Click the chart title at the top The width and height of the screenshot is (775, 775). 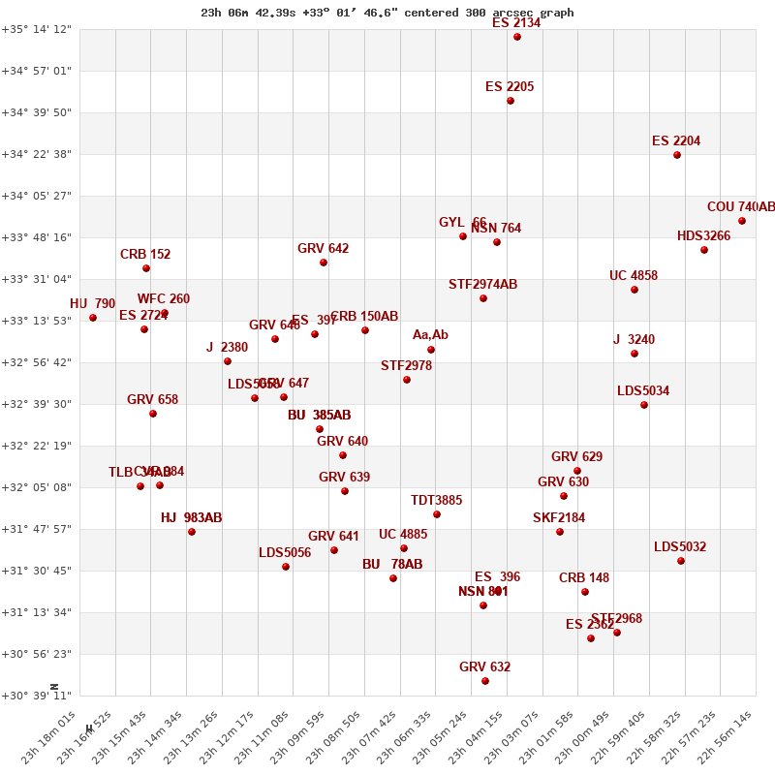387,13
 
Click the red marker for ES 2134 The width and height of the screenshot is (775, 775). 517,37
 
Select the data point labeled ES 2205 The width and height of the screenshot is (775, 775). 511,101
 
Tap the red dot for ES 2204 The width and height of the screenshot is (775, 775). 677,155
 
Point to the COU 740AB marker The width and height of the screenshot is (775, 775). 742,221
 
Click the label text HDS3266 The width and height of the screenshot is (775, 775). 703,236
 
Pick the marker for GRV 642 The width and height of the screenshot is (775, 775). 324,263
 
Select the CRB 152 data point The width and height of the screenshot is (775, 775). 146,268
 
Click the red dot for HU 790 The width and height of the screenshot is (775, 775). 93,318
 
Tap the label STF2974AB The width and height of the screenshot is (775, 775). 482,285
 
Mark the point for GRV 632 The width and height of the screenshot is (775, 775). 485,681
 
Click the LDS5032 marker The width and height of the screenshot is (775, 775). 681,561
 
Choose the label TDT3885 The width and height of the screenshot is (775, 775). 436,501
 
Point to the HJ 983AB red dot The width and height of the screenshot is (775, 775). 192,532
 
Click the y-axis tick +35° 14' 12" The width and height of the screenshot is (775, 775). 37,29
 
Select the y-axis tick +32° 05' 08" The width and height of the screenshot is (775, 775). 37,487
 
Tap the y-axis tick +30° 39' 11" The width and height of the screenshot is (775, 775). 37,696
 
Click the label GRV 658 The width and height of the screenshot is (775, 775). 152,400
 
